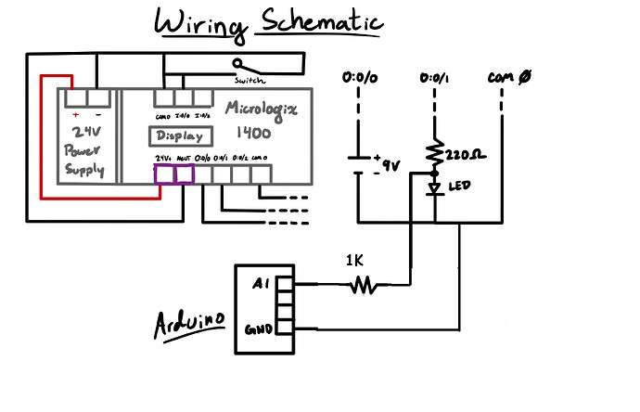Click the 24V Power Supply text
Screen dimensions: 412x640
(84, 148)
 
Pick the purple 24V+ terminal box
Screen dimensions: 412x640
(165, 174)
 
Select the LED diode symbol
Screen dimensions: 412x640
(434, 187)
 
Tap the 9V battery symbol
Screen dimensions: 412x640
(361, 164)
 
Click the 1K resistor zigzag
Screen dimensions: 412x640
(364, 287)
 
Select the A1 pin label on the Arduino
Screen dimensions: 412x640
(261, 285)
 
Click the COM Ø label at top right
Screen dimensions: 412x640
(508, 78)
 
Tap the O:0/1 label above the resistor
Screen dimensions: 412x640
(434, 78)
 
